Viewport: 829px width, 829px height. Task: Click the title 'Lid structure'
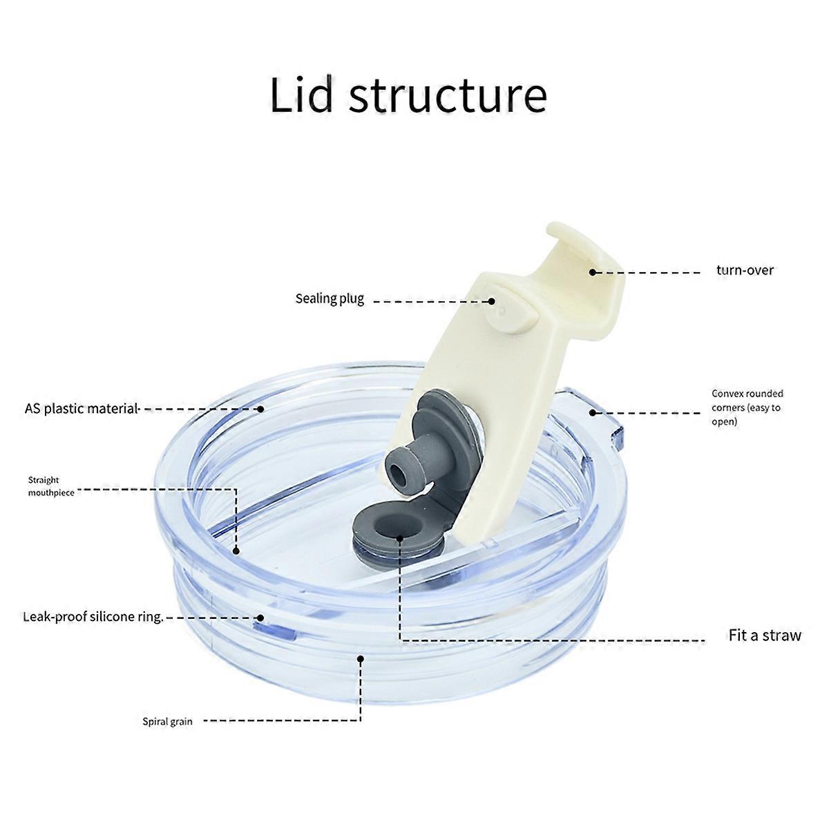pos(408,95)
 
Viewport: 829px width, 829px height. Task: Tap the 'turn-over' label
pos(745,270)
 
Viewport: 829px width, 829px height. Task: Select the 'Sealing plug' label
pos(330,298)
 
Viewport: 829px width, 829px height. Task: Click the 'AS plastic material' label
pos(82,408)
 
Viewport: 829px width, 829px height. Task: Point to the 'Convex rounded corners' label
pos(747,407)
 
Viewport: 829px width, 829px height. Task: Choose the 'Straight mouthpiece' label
pos(51,486)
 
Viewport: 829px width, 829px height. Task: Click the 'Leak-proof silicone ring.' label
pos(93,617)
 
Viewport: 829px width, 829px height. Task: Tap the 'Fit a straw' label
pos(765,635)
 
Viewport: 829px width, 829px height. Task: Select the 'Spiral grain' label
pos(167,721)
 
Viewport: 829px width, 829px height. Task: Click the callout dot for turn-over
pos(592,272)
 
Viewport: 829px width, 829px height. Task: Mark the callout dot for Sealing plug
pos(492,302)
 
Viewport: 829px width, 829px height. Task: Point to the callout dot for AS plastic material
pos(260,409)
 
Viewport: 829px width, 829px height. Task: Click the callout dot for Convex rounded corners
pos(592,413)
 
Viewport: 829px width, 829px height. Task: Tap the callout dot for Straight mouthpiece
pos(236,551)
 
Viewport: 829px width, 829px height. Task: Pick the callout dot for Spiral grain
pos(361,659)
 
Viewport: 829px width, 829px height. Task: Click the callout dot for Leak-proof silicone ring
pos(260,618)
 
